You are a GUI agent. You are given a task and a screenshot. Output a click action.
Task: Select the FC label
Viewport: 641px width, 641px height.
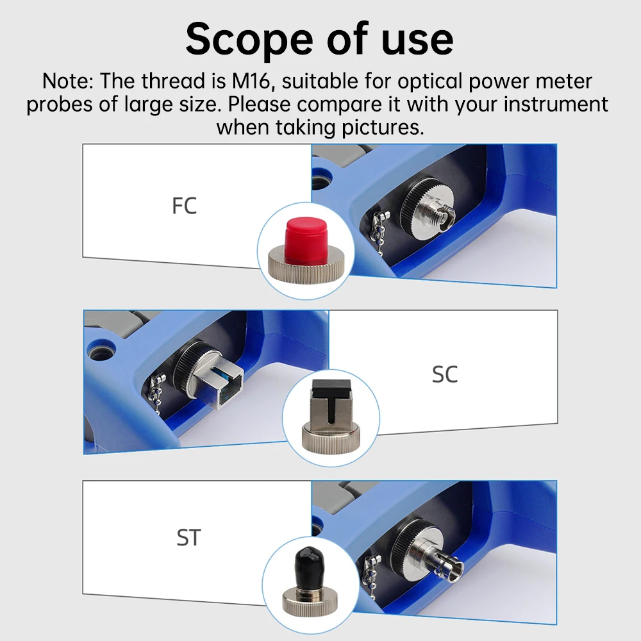[184, 206]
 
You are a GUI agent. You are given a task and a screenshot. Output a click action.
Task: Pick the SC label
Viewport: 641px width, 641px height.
[445, 374]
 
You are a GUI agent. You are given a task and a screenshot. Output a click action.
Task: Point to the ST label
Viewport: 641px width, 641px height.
[188, 537]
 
